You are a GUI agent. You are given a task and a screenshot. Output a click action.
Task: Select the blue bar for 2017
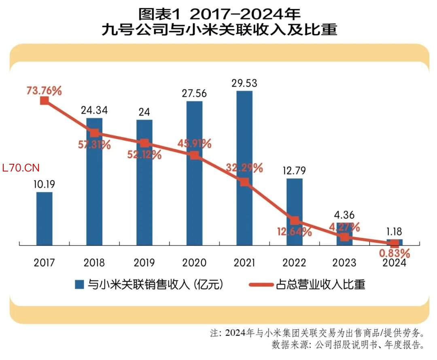point(45,218)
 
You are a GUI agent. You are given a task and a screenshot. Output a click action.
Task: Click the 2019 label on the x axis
point(144,263)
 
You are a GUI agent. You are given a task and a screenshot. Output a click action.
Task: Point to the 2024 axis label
point(395,263)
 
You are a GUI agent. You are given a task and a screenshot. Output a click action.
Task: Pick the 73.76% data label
point(45,91)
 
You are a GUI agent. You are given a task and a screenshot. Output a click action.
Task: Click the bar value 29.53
point(244,83)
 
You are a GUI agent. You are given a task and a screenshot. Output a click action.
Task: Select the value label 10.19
point(45,185)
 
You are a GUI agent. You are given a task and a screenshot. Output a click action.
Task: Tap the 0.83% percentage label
point(395,254)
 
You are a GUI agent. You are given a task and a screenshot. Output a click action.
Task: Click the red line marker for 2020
point(194,156)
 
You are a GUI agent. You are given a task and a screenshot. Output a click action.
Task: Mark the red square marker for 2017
point(45,101)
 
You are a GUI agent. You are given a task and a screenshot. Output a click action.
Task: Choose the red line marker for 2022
point(295,220)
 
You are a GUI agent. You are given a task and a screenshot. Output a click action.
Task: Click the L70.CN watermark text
point(21,167)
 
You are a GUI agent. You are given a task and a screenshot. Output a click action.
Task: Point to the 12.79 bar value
point(294,171)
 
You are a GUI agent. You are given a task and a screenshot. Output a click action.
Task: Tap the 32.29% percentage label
point(244,167)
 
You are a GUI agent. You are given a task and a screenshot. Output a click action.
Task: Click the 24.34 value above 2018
point(94,110)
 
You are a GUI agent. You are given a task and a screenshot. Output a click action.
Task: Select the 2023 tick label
point(344,263)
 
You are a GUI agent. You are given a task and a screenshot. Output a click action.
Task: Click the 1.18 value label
point(395,232)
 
